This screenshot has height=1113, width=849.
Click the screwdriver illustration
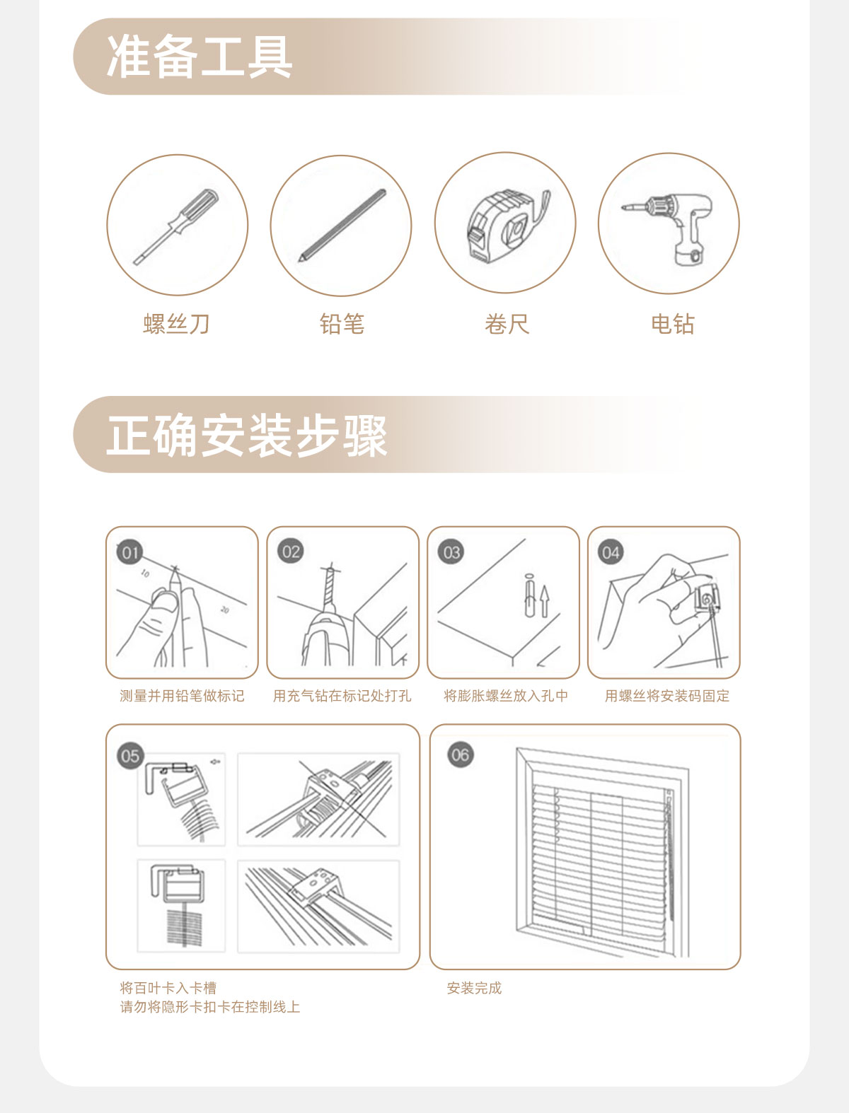click(176, 227)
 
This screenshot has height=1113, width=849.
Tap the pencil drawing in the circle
click(342, 226)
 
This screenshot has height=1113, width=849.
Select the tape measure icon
click(507, 226)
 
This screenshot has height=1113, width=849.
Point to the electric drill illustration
click(669, 228)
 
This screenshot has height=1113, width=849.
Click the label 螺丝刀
click(176, 324)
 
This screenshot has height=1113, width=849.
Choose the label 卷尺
click(507, 324)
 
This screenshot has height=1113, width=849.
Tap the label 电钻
click(673, 324)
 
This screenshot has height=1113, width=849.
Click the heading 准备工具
click(200, 57)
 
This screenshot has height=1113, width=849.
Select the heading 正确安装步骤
click(247, 435)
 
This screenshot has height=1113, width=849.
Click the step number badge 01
click(130, 552)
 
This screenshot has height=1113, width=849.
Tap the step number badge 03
click(451, 552)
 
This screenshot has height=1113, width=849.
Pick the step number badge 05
click(130, 756)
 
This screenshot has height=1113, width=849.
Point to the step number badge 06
click(460, 755)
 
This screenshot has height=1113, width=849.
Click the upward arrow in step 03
click(544, 601)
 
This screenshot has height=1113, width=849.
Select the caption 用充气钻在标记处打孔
click(342, 696)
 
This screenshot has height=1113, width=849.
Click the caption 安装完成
click(474, 988)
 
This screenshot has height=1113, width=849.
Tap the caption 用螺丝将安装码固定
click(667, 696)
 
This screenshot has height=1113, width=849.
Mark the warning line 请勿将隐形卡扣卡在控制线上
click(210, 1006)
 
